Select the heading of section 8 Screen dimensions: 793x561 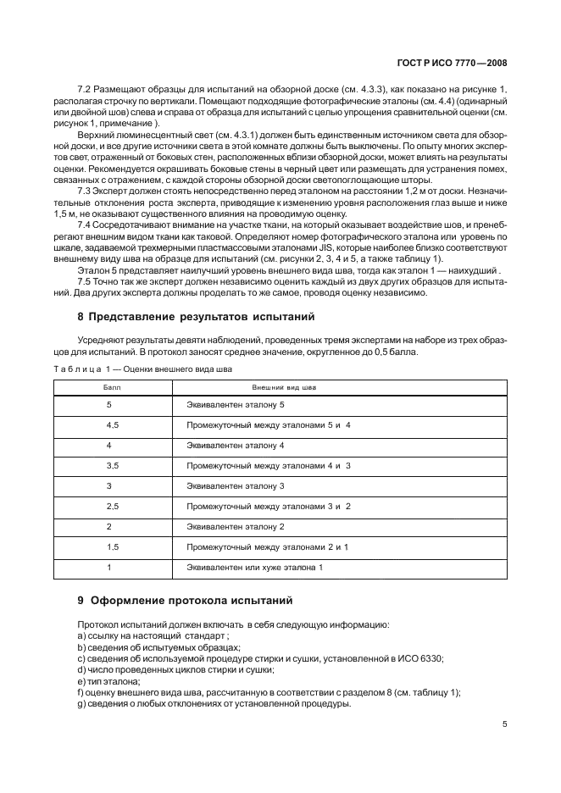pos(196,317)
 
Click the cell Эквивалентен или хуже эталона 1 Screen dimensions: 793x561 pos(254,567)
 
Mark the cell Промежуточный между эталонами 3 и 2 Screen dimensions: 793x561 pos(268,506)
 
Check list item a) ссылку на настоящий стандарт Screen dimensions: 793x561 pos(153,635)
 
